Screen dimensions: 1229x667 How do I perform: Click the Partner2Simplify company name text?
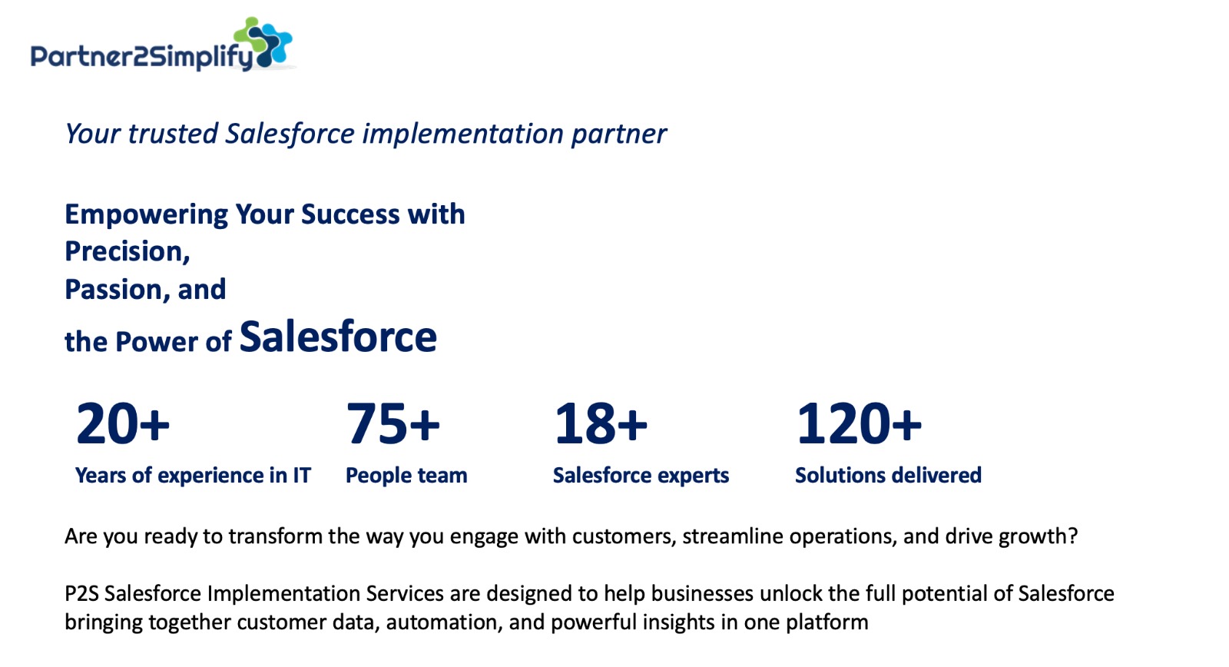[141, 57]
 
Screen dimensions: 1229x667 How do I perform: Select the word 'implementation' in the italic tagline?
[462, 134]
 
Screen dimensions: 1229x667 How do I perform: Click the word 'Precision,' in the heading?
[128, 251]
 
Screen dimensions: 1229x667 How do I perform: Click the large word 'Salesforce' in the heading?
[338, 337]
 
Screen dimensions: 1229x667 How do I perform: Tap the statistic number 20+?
[122, 423]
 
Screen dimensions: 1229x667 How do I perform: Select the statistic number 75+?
[393, 423]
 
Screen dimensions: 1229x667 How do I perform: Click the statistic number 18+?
[601, 423]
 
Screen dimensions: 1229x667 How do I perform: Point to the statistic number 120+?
[859, 423]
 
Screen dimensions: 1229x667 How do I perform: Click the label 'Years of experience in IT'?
[193, 476]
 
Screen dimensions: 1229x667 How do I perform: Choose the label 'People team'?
[406, 476]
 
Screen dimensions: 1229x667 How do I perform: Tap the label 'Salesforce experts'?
[641, 476]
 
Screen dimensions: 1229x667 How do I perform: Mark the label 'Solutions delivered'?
[888, 475]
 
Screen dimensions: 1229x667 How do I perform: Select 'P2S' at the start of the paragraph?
[81, 593]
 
